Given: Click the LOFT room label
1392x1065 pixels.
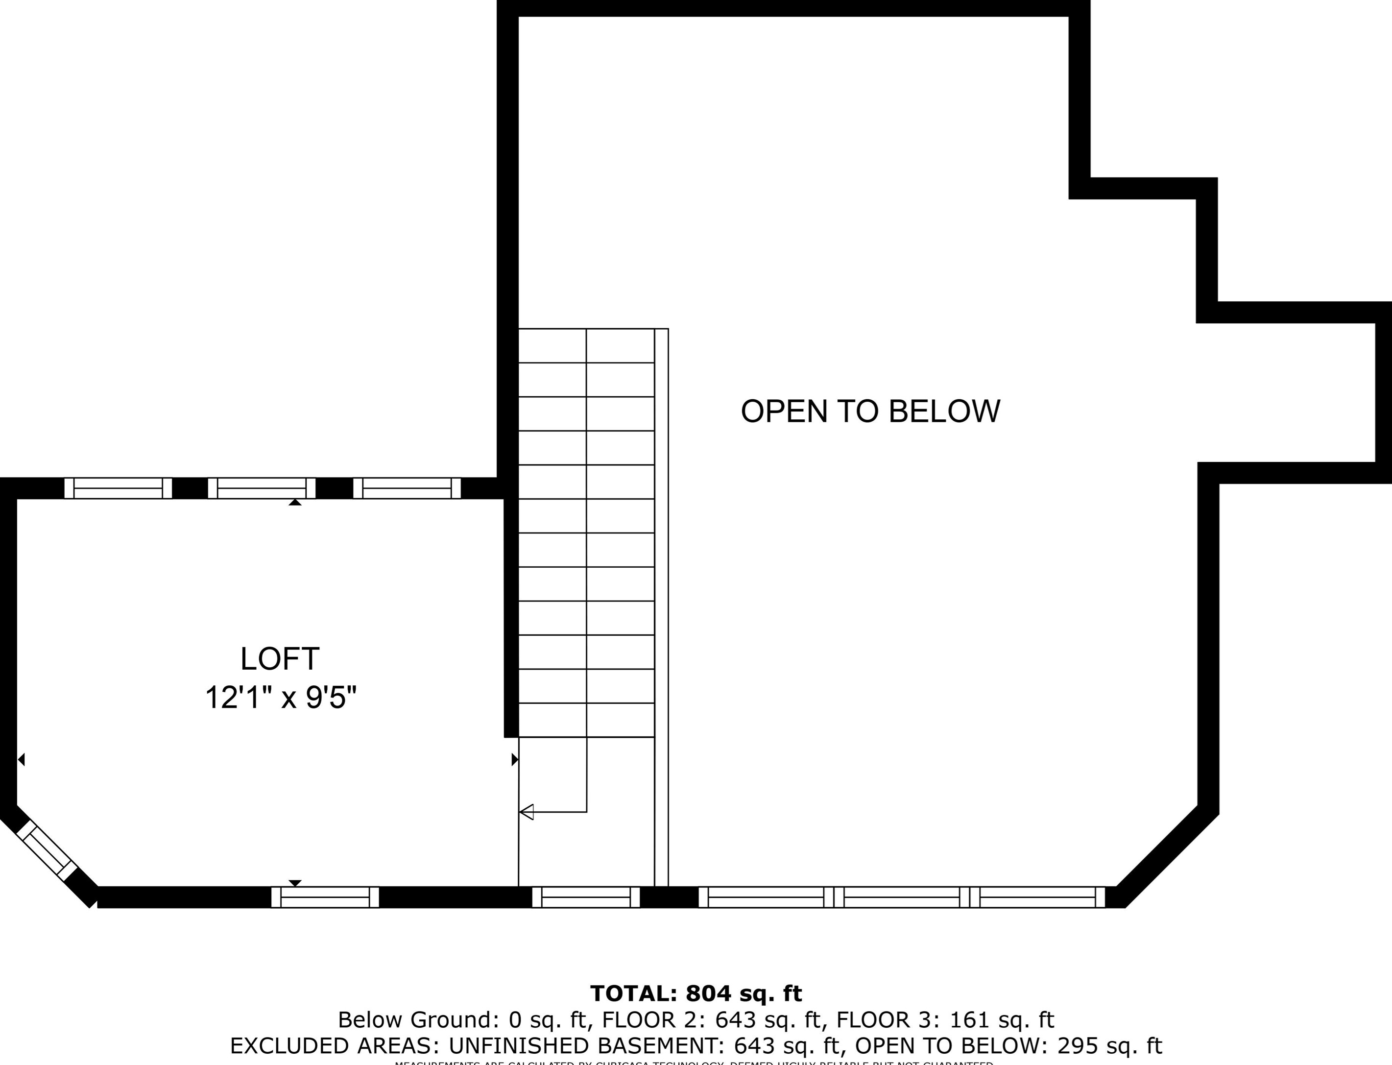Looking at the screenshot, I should pos(280,659).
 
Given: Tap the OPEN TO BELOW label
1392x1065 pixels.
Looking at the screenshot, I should pos(870,411).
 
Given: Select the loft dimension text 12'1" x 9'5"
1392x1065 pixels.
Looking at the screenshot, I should pos(281,699).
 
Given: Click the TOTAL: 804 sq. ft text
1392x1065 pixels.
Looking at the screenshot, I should pos(696,993).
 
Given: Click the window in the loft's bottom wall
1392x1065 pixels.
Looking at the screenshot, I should pos(325,897).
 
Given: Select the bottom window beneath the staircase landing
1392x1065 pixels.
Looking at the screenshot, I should pos(586,897).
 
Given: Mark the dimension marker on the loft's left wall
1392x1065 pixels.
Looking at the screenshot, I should pos(21,759).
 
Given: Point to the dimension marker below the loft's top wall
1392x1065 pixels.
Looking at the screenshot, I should pos(295,502).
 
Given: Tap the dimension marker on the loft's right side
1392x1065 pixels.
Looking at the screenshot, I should pos(515,759).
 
